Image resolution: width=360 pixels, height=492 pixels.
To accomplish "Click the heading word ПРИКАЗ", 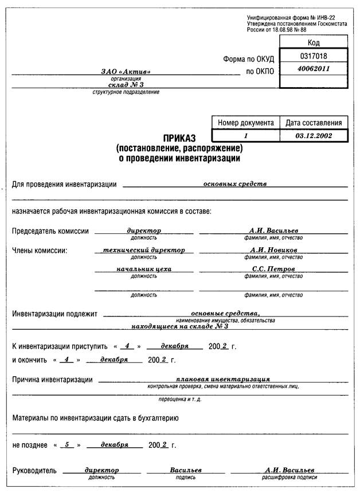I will [x=179, y=138].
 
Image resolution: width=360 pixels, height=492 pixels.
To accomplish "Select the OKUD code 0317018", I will [x=313, y=56].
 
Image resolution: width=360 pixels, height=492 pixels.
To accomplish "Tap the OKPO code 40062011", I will [x=313, y=69].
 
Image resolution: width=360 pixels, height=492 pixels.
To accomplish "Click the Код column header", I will [x=313, y=42].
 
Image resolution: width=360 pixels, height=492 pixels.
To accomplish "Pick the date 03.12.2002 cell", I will [x=314, y=136].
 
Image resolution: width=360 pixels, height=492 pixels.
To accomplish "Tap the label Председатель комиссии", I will [x=50, y=231].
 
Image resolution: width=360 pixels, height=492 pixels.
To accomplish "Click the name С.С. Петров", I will [x=273, y=268].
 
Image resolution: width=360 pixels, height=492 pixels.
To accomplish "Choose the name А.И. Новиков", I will [x=273, y=250].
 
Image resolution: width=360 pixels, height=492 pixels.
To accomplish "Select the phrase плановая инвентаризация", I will [x=224, y=379].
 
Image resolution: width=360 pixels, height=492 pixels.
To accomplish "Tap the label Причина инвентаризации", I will [x=52, y=380].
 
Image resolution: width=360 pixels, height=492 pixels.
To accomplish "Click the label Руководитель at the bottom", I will [x=34, y=471].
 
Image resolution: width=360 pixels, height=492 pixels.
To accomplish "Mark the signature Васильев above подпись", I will [x=185, y=470].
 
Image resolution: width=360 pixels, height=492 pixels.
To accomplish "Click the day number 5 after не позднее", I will [x=67, y=444].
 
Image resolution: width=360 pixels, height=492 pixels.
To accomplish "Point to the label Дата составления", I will [x=314, y=123].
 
